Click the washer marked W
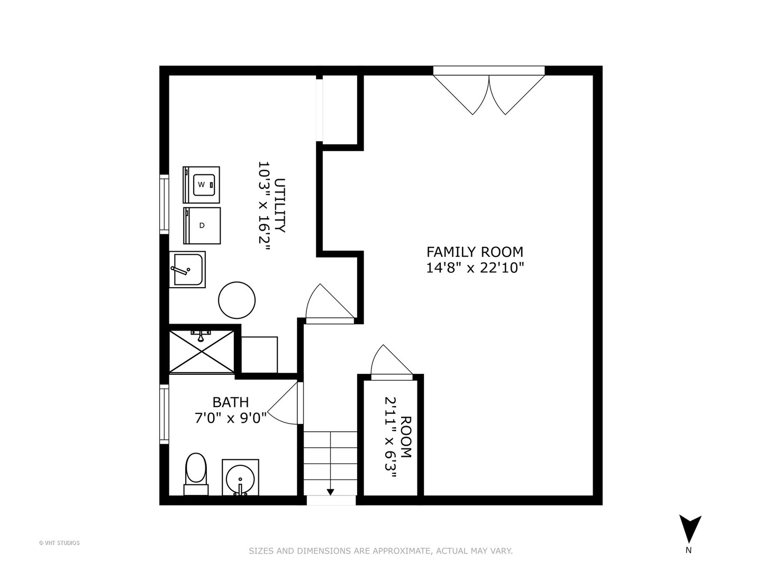202,185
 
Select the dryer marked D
202,225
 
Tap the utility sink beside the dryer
187,269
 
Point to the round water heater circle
237,300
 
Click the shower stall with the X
201,351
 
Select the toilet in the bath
196,472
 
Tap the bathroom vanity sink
240,478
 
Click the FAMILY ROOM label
475,252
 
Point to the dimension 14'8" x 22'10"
475,268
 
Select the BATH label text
230,402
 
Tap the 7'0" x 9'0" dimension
230,418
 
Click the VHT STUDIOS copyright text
59,542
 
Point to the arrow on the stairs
330,491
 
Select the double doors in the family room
489,93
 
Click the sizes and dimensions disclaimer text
380,551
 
